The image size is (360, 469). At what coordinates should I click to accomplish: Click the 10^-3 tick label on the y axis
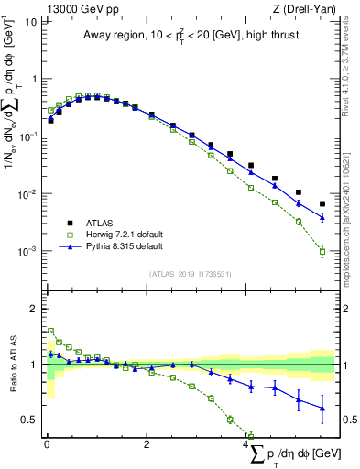29,251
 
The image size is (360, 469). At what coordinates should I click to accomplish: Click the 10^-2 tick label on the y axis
29,193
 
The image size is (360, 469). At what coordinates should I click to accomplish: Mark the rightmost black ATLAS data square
322,203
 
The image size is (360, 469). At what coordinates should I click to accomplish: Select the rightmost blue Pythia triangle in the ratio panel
322,408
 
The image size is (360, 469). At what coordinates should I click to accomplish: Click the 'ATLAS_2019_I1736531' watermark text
191,273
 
